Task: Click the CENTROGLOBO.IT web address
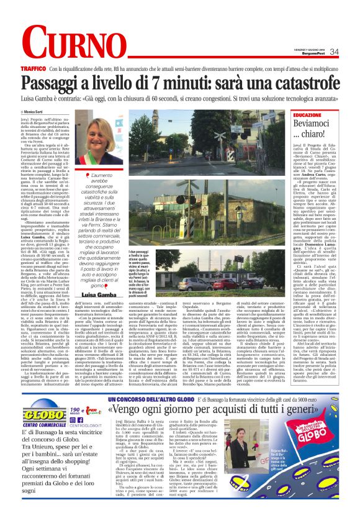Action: coord(81,424)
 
